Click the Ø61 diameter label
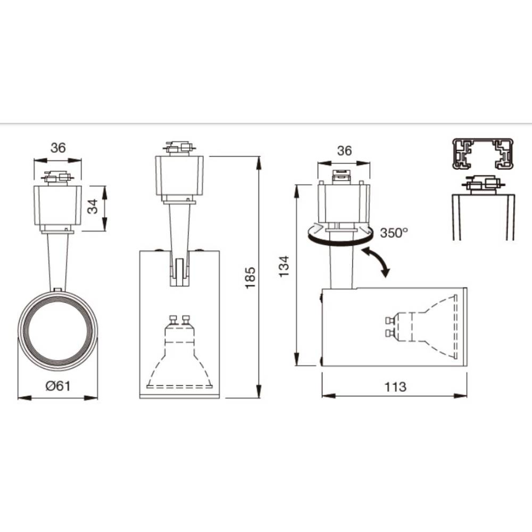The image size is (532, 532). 58,387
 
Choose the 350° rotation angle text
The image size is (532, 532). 394,232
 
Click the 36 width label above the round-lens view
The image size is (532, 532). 58,148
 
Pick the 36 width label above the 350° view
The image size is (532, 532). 344,151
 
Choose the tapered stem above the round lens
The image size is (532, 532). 57,261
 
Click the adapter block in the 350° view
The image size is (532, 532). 344,202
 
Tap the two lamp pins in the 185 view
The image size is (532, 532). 179,320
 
